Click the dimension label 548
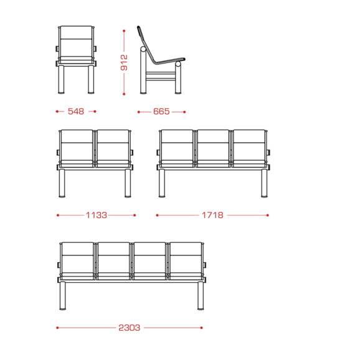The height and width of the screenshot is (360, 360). point(76,111)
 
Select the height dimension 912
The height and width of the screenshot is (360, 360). point(124,62)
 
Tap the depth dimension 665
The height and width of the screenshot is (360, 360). point(161,111)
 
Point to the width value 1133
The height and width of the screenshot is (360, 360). point(97,216)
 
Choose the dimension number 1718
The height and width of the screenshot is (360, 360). point(212,216)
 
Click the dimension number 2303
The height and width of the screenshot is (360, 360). point(130,328)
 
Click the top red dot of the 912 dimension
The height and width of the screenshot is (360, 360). point(124,31)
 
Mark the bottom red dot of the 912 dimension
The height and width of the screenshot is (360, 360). point(124,94)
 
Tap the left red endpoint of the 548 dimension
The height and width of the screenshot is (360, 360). point(57,111)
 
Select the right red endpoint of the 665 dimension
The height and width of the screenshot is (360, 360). point(184,112)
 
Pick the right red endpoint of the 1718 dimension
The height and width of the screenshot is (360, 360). point(267,216)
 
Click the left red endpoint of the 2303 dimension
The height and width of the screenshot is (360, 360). point(57,328)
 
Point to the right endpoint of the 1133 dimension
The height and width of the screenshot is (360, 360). point(135,216)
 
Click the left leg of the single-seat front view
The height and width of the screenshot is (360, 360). point(61,80)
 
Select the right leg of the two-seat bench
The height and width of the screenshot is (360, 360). point(128,184)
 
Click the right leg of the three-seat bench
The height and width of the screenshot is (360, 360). point(264,184)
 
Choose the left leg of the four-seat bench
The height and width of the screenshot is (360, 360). point(62,296)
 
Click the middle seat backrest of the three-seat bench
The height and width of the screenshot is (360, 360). point(213,145)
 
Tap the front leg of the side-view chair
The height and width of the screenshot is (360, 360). point(178,78)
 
